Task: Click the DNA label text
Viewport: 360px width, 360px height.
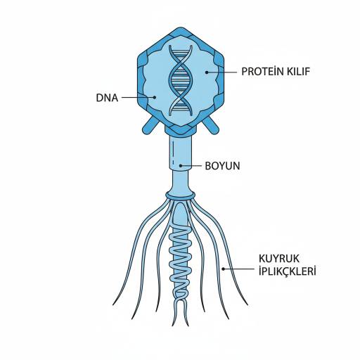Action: click(107, 98)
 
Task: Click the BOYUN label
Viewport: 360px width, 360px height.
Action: click(222, 166)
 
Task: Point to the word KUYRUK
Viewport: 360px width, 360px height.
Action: click(279, 259)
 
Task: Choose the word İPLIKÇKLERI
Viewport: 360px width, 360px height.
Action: click(288, 271)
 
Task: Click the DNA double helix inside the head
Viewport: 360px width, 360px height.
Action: click(181, 80)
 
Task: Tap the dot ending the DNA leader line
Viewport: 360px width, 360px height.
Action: click(154, 97)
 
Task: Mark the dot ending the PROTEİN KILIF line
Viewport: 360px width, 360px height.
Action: click(207, 72)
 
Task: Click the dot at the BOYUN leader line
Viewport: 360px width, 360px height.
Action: click(181, 166)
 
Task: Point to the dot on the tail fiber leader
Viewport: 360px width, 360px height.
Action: click(224, 269)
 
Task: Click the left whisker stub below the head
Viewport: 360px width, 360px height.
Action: click(150, 125)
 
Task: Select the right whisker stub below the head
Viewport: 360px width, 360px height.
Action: click(211, 125)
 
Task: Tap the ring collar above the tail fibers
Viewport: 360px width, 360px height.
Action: click(180, 195)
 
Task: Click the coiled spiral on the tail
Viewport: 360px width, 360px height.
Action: click(181, 262)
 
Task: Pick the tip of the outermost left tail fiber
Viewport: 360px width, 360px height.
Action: click(113, 305)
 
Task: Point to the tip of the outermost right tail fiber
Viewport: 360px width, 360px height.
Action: click(247, 305)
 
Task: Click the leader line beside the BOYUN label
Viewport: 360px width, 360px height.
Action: click(191, 166)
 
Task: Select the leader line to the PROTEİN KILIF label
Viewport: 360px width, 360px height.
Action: click(221, 72)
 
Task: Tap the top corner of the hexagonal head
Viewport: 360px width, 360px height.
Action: click(180, 27)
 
